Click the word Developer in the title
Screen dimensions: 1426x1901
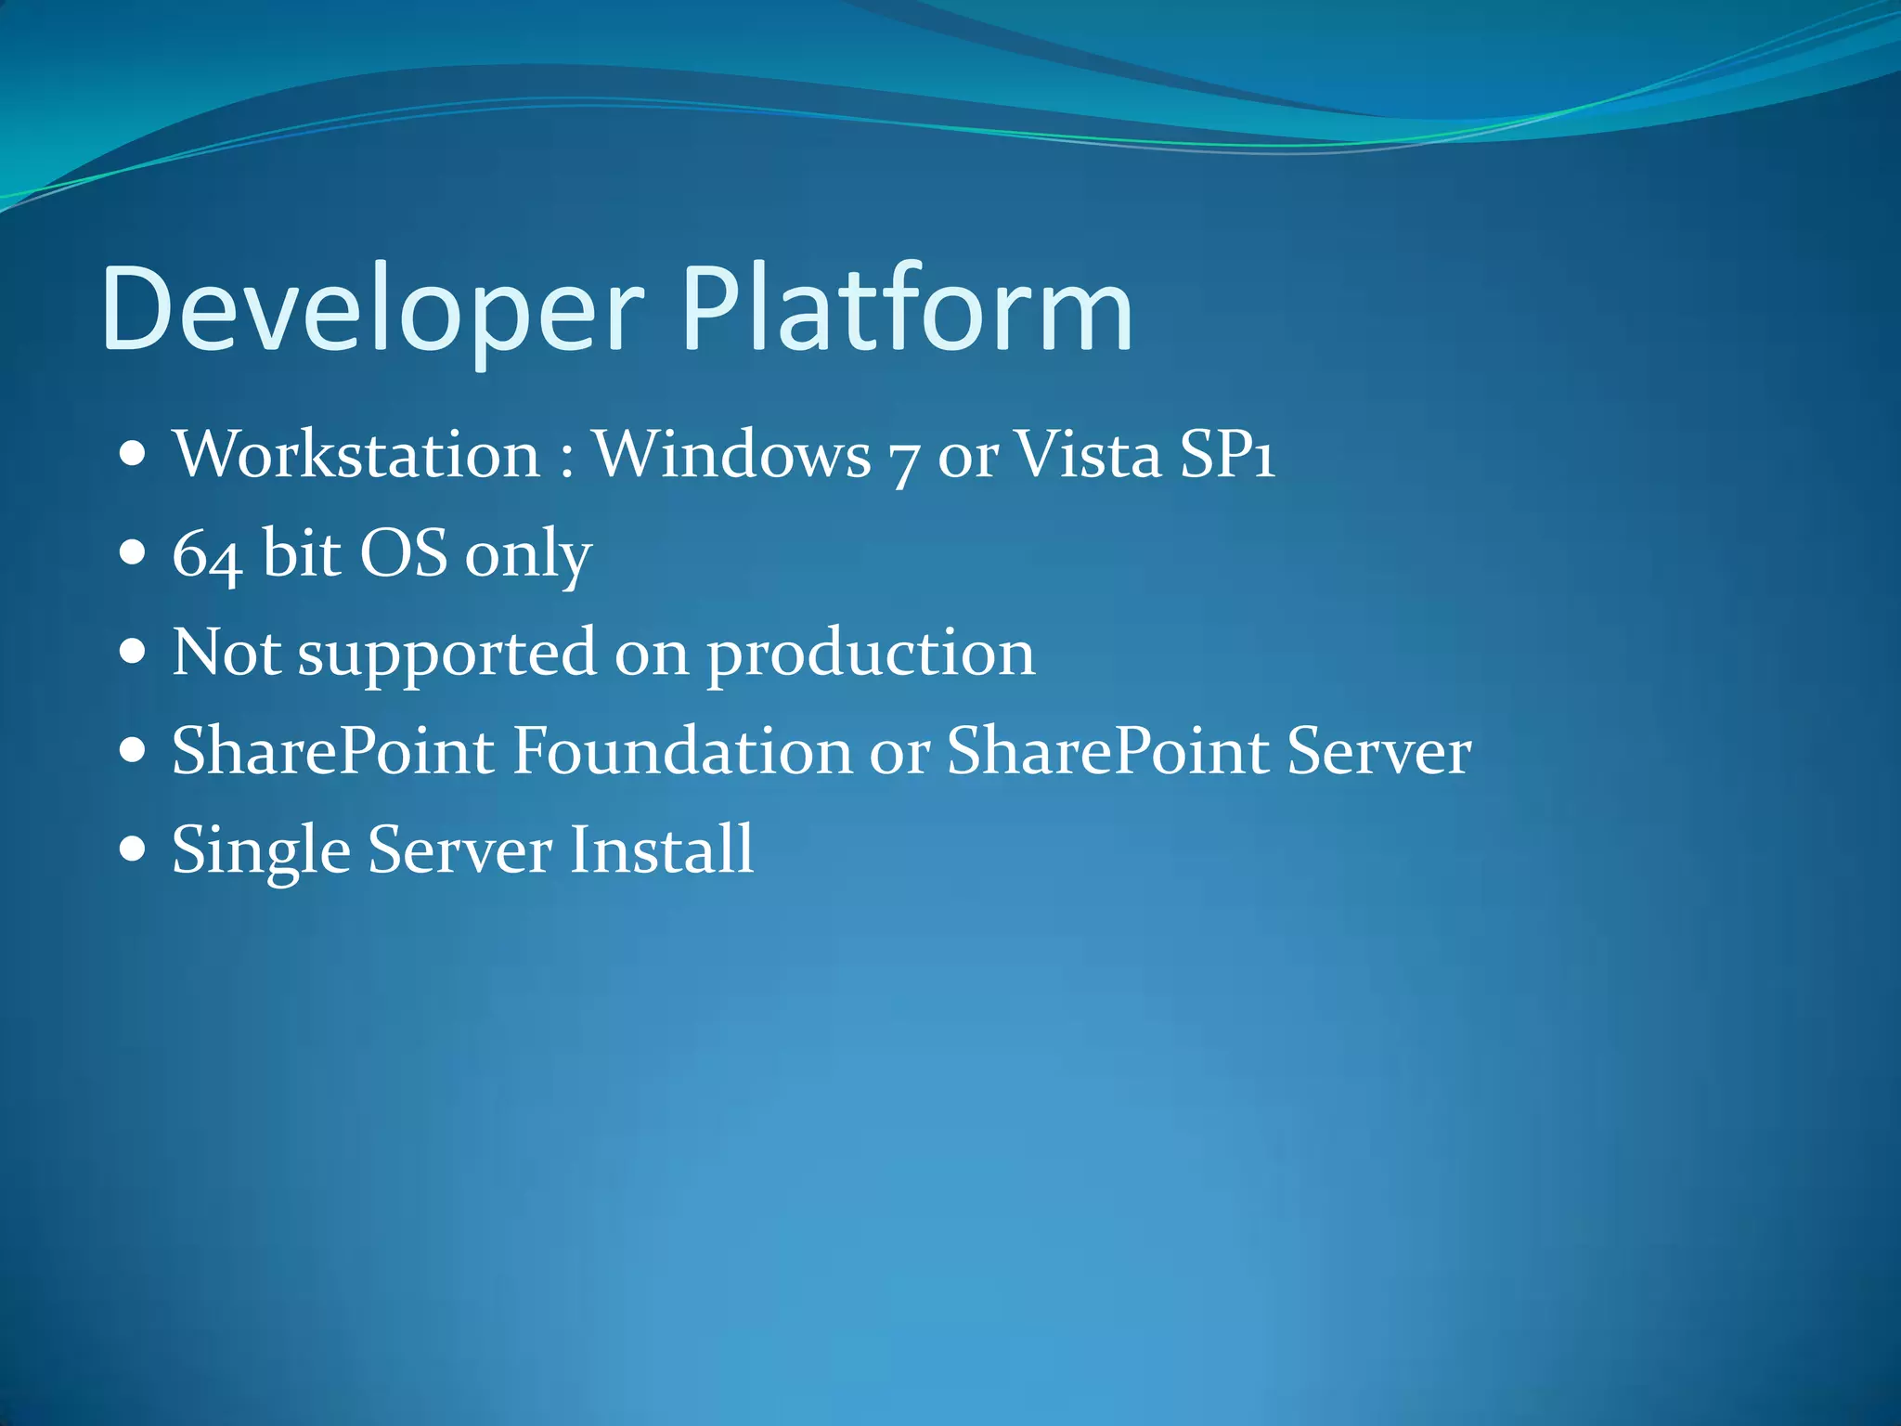[x=371, y=311]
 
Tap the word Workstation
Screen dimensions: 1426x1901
[x=356, y=455]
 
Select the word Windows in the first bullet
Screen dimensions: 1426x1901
[x=731, y=455]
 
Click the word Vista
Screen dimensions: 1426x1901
[x=1088, y=455]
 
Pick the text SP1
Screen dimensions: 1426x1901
[x=1227, y=455]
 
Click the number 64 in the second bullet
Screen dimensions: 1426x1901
[x=207, y=555]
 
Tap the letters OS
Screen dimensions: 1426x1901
[x=403, y=553]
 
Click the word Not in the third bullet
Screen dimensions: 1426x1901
[x=226, y=652]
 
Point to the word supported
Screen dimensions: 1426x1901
[x=446, y=655]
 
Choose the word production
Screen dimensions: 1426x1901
[x=871, y=655]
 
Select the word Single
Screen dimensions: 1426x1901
[x=261, y=852]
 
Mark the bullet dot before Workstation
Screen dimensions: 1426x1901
[x=134, y=455]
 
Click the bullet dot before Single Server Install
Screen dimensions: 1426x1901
[x=134, y=849]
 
